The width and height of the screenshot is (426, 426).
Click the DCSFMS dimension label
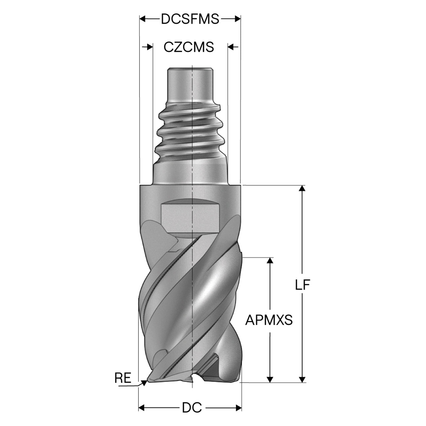pos(190,19)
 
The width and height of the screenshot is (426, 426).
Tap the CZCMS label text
pos(189,47)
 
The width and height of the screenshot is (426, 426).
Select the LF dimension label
pos(303,285)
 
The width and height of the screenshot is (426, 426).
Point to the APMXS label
pos(269,320)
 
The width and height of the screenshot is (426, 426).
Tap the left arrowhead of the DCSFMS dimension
pos(143,19)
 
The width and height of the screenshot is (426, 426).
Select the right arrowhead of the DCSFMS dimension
pos(237,19)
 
